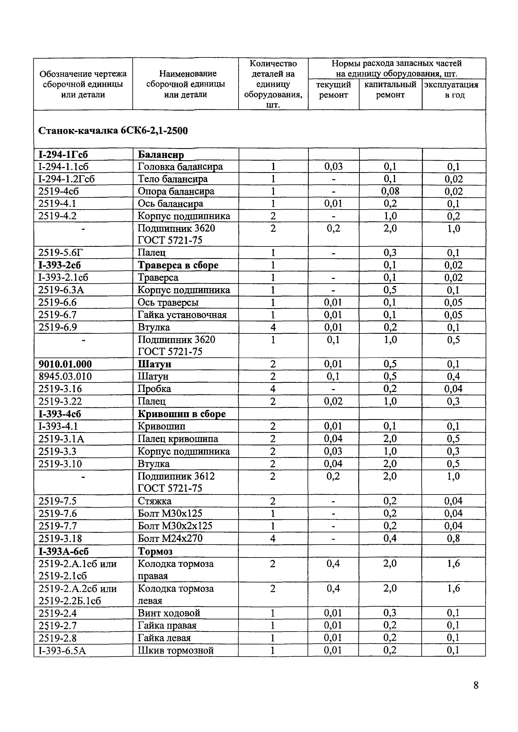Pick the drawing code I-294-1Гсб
click(63, 155)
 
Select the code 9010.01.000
click(65, 364)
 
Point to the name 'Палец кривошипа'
click(178, 439)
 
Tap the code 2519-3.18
click(60, 538)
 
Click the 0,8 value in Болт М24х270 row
click(453, 538)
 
